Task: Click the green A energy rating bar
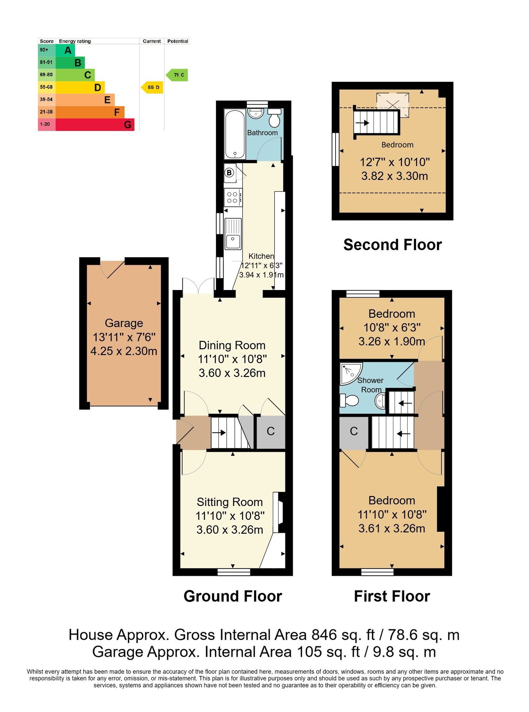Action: click(65, 50)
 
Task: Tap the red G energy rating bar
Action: click(95, 124)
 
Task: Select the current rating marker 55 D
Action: click(152, 87)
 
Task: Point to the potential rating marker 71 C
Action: click(177, 75)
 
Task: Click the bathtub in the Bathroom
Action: click(234, 134)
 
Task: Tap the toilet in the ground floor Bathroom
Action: click(274, 117)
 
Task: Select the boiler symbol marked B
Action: click(229, 172)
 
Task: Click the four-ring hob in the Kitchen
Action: click(233, 197)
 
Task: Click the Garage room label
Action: click(124, 323)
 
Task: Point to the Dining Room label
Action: click(232, 345)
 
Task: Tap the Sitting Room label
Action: click(230, 502)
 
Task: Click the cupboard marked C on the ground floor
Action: click(271, 432)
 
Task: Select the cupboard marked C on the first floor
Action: click(354, 432)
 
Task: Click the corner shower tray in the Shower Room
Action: click(350, 373)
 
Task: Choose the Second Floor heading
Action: click(392, 245)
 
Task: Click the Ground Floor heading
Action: click(233, 596)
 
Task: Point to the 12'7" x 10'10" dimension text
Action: click(395, 162)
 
